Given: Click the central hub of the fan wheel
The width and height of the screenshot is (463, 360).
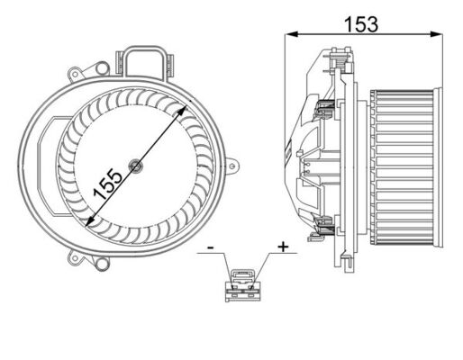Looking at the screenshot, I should (x=135, y=165).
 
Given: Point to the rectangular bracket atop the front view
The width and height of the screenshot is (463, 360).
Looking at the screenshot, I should (x=147, y=61).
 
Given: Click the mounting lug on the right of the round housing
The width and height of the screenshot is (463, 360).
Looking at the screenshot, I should (x=233, y=166).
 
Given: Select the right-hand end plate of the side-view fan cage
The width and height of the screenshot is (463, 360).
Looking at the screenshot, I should (x=437, y=166).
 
